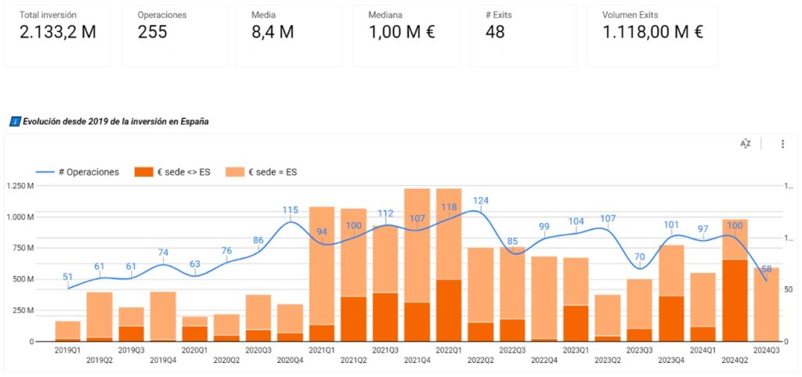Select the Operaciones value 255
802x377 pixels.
click(153, 32)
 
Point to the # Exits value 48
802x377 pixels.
click(495, 32)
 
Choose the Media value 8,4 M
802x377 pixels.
click(273, 32)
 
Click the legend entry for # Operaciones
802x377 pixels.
click(78, 172)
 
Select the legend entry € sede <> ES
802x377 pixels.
click(174, 172)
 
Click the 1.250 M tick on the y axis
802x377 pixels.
click(20, 185)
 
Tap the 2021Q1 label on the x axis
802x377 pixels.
click(322, 350)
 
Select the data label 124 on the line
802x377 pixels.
click(481, 201)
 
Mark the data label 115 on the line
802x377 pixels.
click(291, 210)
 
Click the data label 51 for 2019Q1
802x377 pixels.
click(68, 276)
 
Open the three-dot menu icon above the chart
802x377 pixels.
click(782, 144)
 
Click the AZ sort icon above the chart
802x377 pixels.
click(746, 144)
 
